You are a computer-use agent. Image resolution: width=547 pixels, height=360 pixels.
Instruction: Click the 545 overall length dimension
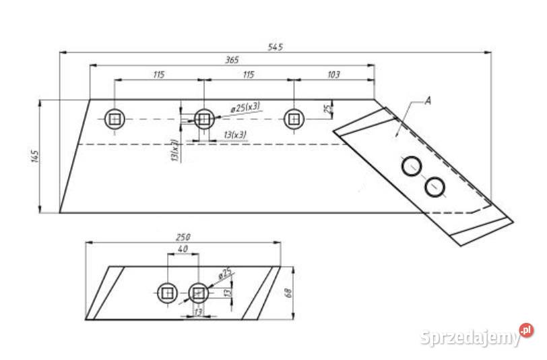(x=276, y=47)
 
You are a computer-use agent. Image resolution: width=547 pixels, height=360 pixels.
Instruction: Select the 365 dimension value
(x=231, y=60)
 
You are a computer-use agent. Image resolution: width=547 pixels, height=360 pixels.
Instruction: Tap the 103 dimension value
(x=333, y=74)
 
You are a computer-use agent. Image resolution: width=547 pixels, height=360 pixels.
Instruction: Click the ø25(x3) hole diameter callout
(x=245, y=107)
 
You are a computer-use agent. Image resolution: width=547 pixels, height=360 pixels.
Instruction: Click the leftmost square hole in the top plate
(x=115, y=119)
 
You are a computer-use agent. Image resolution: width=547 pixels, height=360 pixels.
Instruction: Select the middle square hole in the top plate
(x=203, y=119)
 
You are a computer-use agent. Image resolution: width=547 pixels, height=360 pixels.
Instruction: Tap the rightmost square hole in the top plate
(x=294, y=119)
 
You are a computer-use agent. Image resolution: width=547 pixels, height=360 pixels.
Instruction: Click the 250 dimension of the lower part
(x=183, y=237)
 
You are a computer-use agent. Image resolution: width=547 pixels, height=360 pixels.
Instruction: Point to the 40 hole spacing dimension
(x=183, y=249)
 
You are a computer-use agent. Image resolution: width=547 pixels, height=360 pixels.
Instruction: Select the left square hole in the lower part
(x=166, y=293)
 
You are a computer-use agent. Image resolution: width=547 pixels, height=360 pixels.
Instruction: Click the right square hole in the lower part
(x=198, y=293)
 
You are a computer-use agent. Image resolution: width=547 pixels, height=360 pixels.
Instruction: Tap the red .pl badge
(x=526, y=330)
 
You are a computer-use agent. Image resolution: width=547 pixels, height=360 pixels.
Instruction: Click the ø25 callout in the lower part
(x=225, y=272)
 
